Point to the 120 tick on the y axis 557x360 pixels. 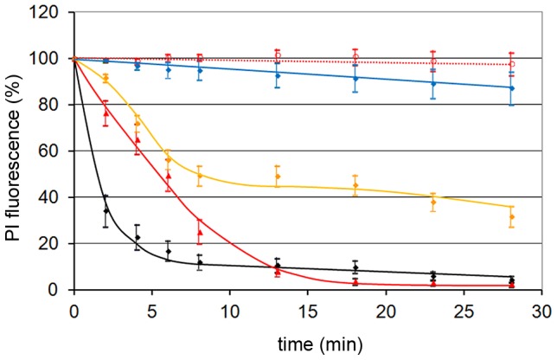pos(49,12)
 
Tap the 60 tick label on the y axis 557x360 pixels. pos(54,151)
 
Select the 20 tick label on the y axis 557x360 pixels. pos(54,243)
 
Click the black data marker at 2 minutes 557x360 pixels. pos(106,210)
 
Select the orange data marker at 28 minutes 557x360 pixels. pos(511,216)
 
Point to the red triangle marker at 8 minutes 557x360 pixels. pos(200,232)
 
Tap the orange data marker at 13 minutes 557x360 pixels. pos(278,177)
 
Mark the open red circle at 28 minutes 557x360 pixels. pos(511,63)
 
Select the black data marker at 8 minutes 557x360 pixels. pos(200,262)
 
